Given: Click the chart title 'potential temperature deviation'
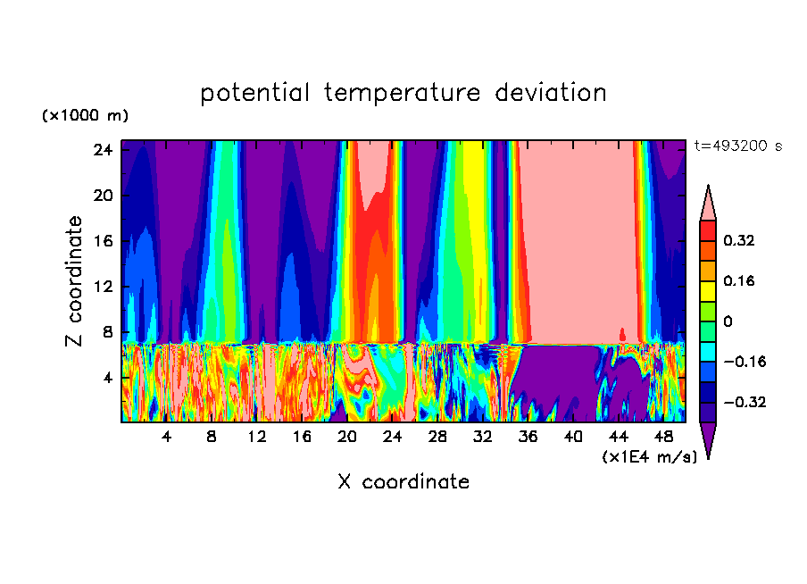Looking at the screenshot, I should [x=403, y=93].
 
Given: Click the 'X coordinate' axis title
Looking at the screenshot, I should [x=403, y=482].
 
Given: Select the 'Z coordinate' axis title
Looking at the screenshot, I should [x=75, y=281].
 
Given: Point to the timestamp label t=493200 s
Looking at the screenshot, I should [x=737, y=146].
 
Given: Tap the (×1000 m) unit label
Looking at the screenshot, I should [x=85, y=116].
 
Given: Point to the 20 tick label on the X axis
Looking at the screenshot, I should [x=347, y=438].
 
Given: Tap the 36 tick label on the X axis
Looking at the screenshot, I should [x=528, y=438].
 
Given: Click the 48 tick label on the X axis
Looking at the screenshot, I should [x=663, y=438].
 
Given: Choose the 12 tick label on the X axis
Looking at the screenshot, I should [x=257, y=438].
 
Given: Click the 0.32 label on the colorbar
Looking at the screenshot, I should [x=741, y=240].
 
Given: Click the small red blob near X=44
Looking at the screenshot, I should [x=622, y=334].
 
